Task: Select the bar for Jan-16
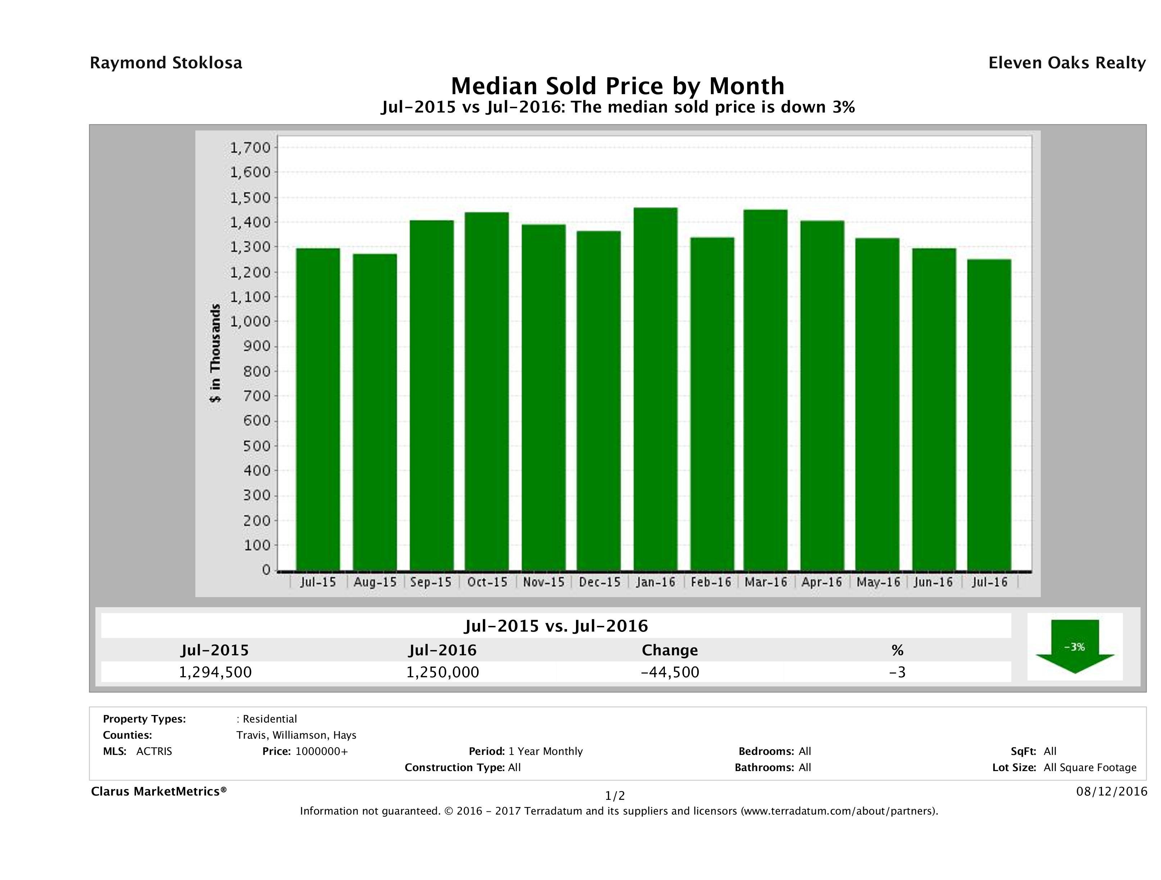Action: (x=656, y=389)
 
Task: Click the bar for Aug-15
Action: (x=375, y=412)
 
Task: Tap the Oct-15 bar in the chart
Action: (x=486, y=391)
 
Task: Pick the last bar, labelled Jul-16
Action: (x=989, y=414)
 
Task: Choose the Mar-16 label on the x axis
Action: (x=766, y=582)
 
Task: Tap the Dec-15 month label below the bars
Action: (x=599, y=582)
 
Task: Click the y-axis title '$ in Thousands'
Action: (x=215, y=353)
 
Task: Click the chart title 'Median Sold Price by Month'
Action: (x=618, y=86)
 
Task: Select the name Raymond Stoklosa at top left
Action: (x=166, y=63)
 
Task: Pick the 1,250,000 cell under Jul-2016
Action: (x=443, y=672)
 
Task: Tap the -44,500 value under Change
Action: (x=670, y=672)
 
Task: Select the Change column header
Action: (x=670, y=650)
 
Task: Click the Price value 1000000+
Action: (x=321, y=752)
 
